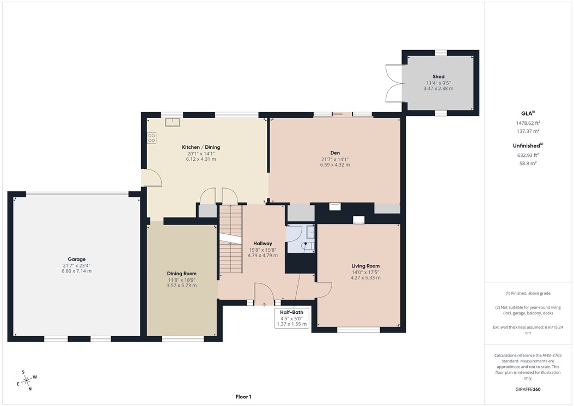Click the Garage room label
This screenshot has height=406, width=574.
(x=76, y=259)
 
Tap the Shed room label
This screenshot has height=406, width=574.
(x=438, y=77)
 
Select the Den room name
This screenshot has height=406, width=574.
(x=335, y=153)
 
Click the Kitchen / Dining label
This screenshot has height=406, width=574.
(x=201, y=147)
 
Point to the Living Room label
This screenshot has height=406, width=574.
(x=365, y=266)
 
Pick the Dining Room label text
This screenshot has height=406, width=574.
(x=181, y=274)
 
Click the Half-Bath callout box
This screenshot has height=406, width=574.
(x=293, y=318)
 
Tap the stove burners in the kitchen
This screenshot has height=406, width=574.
(x=151, y=138)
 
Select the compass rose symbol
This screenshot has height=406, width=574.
(x=26, y=380)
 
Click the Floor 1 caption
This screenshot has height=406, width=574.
(x=243, y=397)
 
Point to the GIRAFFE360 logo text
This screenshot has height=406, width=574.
(x=528, y=390)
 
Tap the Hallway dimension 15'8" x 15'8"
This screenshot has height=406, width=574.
(x=262, y=250)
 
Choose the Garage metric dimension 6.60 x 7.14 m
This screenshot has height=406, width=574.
(x=76, y=271)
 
